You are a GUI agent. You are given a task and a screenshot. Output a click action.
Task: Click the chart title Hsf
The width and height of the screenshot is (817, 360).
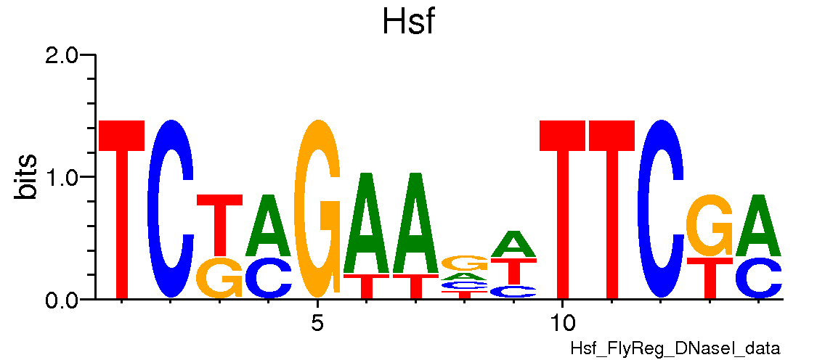coord(408,23)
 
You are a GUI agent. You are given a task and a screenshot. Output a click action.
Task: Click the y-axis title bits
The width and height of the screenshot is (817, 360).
coord(28,176)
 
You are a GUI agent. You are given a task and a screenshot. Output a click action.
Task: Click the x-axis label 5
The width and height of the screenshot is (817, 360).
coord(317,321)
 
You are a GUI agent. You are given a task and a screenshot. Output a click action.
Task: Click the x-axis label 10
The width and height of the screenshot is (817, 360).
coord(561,321)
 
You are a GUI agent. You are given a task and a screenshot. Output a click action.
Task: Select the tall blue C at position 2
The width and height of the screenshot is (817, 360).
coord(171,209)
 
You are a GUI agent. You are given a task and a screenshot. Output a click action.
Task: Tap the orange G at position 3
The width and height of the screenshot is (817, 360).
coord(220,278)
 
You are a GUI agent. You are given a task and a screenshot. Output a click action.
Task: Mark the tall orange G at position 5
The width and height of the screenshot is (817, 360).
coord(317,209)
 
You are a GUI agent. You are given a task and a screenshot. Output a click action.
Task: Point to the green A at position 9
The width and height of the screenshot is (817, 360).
coord(513,244)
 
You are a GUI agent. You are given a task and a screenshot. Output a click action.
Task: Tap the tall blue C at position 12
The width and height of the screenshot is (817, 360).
coord(661,209)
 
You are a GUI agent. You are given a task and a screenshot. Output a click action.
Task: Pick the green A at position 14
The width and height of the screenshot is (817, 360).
coord(758,225)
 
